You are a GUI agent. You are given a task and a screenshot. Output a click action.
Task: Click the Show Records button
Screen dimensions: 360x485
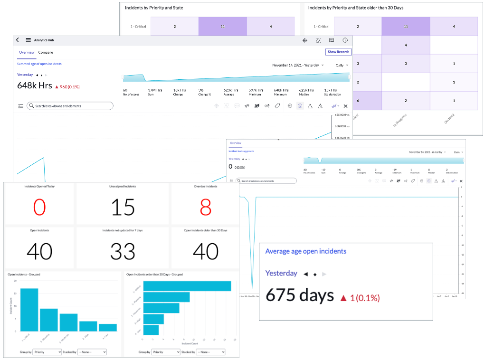coord(338,52)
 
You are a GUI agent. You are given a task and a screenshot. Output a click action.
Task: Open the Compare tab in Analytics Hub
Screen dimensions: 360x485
coord(46,52)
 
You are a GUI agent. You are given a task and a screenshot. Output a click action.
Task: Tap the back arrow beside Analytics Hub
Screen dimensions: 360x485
coord(18,40)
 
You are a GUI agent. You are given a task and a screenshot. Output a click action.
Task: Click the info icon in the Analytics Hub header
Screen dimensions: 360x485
coord(345,40)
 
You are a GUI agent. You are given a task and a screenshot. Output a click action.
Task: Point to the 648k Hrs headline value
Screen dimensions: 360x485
coord(34,86)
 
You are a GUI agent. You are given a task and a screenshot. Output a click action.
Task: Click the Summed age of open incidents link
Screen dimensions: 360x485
coord(39,64)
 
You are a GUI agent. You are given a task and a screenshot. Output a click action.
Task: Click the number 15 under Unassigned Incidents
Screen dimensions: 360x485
coord(123,208)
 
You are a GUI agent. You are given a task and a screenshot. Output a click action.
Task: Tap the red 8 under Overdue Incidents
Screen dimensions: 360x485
coord(206,208)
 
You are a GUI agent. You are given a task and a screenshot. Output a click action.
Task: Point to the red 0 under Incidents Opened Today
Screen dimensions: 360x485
coord(39,208)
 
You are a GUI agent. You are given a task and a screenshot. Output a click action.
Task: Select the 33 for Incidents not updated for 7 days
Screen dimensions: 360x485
coord(123,252)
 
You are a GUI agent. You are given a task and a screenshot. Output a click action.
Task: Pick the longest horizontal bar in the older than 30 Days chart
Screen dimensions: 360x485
coord(187,286)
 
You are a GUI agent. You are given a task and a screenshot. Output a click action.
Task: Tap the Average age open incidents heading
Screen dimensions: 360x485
coord(305,251)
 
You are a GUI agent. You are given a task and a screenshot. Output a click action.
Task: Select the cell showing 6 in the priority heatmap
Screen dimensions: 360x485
coord(358,101)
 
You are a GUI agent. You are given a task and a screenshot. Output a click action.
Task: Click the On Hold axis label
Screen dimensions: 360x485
coord(450,119)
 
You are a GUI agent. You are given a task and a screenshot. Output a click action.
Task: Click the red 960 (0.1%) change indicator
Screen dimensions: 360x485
coord(67,87)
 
